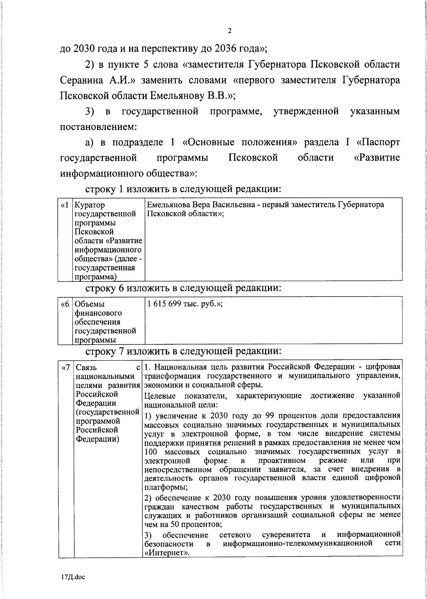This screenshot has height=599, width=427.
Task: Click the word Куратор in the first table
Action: click(x=90, y=205)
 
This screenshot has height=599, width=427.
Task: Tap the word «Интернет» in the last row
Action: click(x=166, y=563)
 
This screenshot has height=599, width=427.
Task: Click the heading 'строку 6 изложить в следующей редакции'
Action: click(x=184, y=287)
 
